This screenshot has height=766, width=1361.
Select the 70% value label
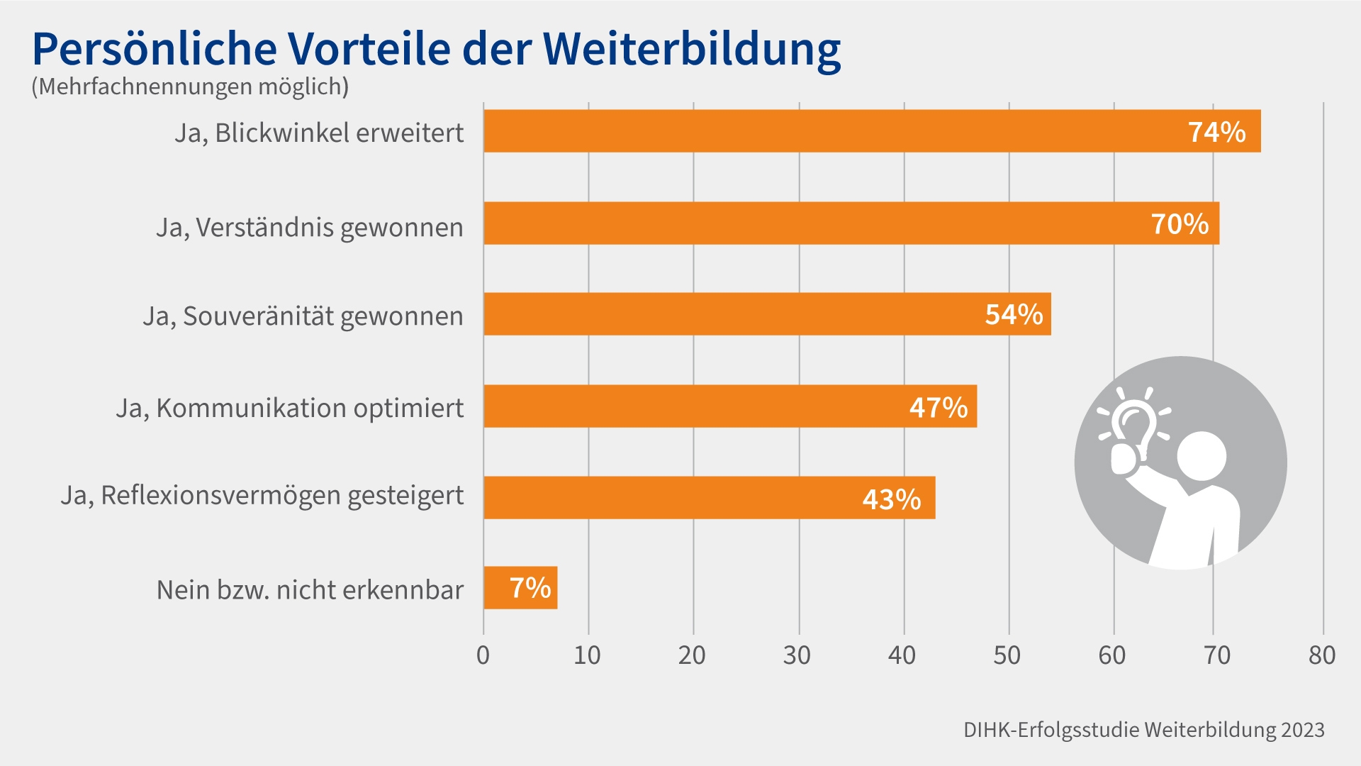coord(1180,224)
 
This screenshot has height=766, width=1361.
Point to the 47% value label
coord(939,407)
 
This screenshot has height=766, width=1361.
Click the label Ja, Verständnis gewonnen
coord(310,228)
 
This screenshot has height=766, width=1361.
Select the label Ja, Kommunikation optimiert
coord(290,409)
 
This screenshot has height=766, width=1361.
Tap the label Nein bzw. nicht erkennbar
coord(310,590)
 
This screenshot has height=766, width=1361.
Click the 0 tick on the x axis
coord(483,655)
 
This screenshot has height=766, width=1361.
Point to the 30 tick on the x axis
coord(797,655)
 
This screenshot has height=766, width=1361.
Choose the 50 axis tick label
coord(1007,655)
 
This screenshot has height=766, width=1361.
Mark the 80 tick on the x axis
coord(1322,655)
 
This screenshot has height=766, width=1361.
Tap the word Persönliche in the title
coord(154,50)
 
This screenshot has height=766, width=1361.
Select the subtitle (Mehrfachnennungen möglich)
coord(190,87)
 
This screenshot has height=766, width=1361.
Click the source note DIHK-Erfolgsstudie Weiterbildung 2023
coord(1143,730)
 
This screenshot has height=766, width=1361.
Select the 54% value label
coord(1014,315)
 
